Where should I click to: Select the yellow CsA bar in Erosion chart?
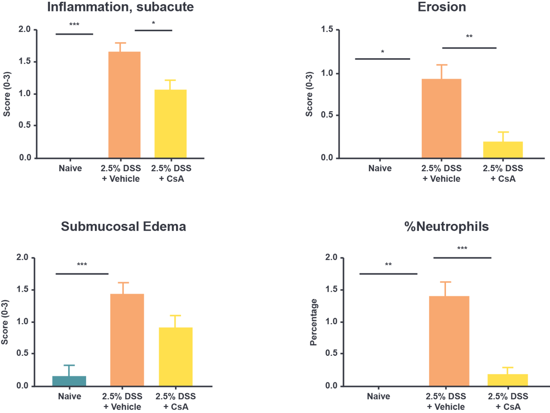[x=503, y=150]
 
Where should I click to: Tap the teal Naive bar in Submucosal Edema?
[x=69, y=380]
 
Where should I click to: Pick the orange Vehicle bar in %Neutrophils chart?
[x=449, y=341]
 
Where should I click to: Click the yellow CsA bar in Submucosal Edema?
[x=176, y=356]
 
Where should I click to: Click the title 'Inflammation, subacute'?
[x=120, y=7]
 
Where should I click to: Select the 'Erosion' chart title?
[x=442, y=7]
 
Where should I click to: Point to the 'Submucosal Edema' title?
[x=123, y=227]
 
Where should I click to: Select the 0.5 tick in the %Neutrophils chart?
[x=331, y=354]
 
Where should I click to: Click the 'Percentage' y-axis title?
[x=314, y=321]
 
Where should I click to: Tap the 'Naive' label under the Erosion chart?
[x=380, y=168]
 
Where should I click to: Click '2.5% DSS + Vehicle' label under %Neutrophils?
[x=446, y=401]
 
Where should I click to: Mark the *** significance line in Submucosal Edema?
[x=82, y=274]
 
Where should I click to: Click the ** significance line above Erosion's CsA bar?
[x=469, y=48]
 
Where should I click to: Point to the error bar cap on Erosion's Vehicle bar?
[x=442, y=65]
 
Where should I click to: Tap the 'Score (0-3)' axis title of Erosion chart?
[x=309, y=94]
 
